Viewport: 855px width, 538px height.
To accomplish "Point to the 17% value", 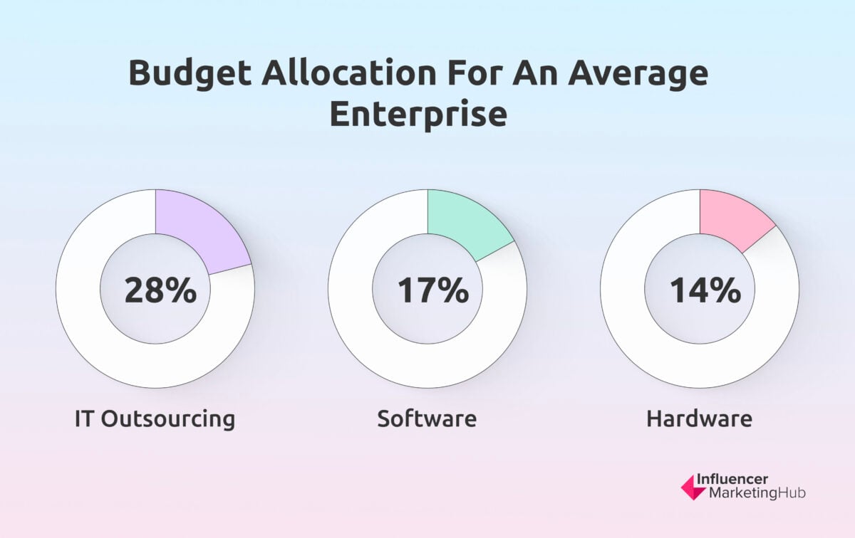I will coord(432,290).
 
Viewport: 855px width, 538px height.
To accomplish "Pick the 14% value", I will coord(705,290).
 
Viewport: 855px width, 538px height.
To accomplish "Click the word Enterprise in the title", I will coord(418,113).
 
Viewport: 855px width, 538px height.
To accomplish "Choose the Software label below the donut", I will coord(427,418).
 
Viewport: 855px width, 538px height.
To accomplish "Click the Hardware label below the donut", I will coord(699,418).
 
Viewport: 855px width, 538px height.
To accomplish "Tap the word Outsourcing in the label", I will coord(168,418).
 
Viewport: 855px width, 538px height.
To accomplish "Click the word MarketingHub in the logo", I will coord(757,494).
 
